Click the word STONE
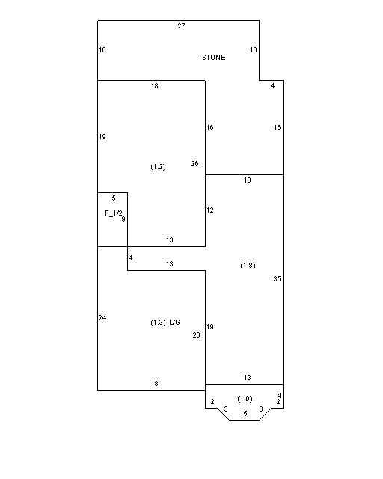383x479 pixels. pyautogui.click(x=214, y=58)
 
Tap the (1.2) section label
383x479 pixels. pyautogui.click(x=158, y=167)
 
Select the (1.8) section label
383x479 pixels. pyautogui.click(x=248, y=266)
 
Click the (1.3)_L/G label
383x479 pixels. pyautogui.click(x=165, y=323)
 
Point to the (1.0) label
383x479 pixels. pyautogui.click(x=245, y=399)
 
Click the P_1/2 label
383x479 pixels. pyautogui.click(x=114, y=213)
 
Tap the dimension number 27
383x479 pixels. pyautogui.click(x=182, y=26)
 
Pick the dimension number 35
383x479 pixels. pyautogui.click(x=277, y=279)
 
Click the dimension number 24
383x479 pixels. pyautogui.click(x=102, y=318)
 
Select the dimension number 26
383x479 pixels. pyautogui.click(x=194, y=164)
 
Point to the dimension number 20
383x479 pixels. pyautogui.click(x=197, y=335)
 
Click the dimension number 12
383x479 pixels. pyautogui.click(x=209, y=210)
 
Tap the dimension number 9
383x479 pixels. pyautogui.click(x=123, y=219)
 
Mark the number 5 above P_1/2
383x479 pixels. pyautogui.click(x=114, y=198)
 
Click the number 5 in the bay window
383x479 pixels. pyautogui.click(x=245, y=414)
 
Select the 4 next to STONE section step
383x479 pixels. pyautogui.click(x=272, y=86)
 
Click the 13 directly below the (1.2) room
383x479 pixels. pyautogui.click(x=170, y=240)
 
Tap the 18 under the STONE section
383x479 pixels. pyautogui.click(x=155, y=86)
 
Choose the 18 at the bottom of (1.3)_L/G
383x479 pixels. pyautogui.click(x=155, y=384)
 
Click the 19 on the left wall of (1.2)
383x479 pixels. pyautogui.click(x=102, y=137)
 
